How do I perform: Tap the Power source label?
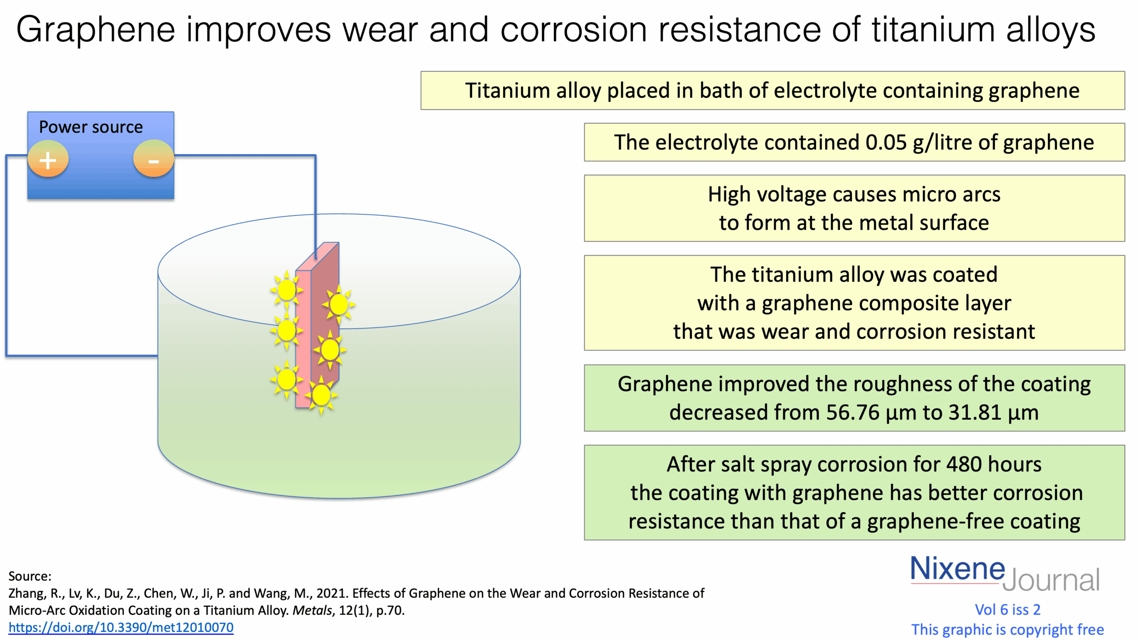click(x=91, y=127)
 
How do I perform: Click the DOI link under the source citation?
click(x=121, y=628)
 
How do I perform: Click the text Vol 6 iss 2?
click(x=1007, y=609)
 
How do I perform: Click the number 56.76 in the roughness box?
click(x=852, y=413)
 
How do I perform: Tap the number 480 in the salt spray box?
click(x=963, y=464)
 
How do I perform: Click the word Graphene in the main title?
click(x=96, y=30)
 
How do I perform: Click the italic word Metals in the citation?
click(x=312, y=610)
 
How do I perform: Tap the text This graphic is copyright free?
click(x=1007, y=629)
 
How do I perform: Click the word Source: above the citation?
click(x=30, y=576)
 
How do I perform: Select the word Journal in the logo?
click(x=1051, y=580)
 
